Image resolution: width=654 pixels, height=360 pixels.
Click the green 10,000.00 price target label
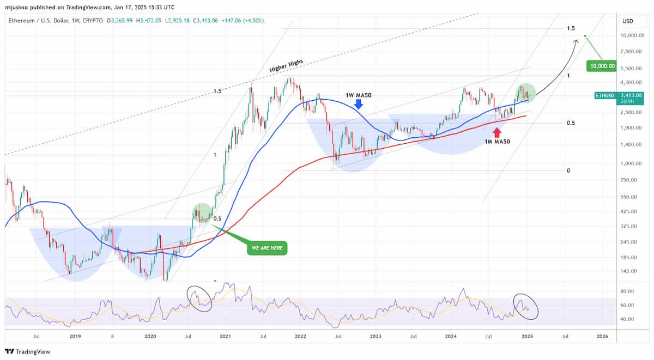[601, 66]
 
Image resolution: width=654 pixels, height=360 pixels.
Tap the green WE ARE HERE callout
[267, 248]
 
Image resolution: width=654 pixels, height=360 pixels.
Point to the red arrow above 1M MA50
[496, 132]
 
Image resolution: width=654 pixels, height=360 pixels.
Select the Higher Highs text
[286, 66]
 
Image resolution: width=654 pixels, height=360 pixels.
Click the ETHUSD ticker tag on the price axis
[605, 95]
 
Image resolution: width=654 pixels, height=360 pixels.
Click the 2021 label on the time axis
[225, 337]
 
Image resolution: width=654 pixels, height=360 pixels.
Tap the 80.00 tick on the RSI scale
[628, 291]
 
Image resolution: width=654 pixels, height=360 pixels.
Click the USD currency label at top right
[628, 21]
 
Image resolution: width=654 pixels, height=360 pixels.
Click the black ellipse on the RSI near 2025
[526, 307]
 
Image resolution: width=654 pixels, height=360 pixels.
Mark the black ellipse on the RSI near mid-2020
[199, 298]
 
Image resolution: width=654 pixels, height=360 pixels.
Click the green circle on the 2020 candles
[202, 213]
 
